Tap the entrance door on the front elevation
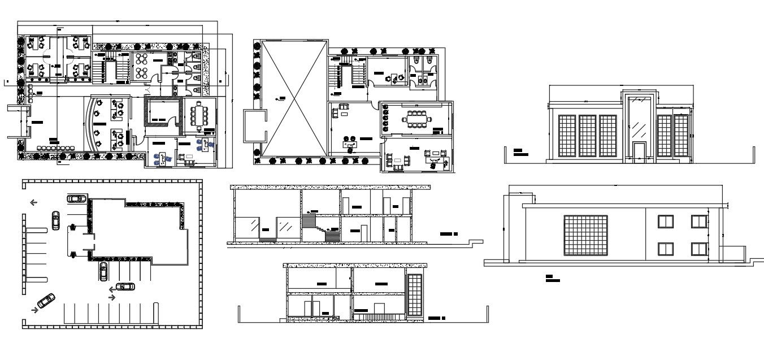click(x=639, y=152)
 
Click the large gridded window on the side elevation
click(x=585, y=235)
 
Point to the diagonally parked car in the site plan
click(x=46, y=301)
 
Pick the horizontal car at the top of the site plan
click(x=77, y=198)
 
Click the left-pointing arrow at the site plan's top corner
click(x=34, y=202)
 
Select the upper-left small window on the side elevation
click(x=665, y=222)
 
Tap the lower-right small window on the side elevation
click(x=699, y=249)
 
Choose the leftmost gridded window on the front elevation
click(x=566, y=136)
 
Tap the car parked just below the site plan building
click(x=103, y=271)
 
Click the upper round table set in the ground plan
click(x=141, y=59)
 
